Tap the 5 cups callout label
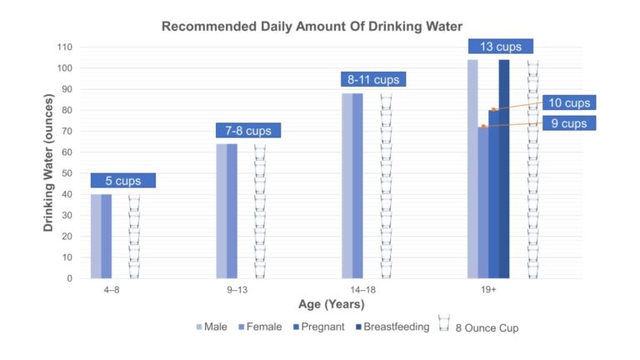click(x=123, y=180)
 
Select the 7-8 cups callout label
click(x=248, y=131)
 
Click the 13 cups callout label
click(x=500, y=47)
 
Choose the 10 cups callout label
click(x=569, y=102)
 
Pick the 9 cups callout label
click(x=569, y=123)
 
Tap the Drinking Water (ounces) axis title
click(x=47, y=162)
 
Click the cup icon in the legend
click(x=443, y=324)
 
